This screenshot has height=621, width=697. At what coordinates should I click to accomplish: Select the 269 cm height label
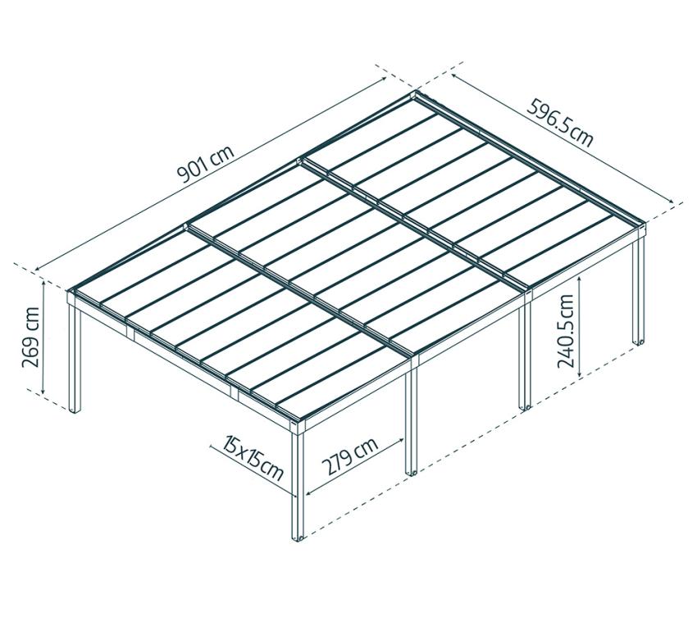click(31, 338)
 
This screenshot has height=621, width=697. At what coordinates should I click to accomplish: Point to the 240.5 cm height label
click(566, 331)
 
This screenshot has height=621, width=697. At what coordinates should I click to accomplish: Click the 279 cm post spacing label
click(350, 456)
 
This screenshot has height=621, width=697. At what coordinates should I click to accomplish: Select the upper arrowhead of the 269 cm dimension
click(43, 283)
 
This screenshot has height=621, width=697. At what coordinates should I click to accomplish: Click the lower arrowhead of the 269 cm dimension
click(43, 392)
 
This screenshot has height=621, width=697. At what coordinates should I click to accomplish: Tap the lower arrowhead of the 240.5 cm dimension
click(580, 376)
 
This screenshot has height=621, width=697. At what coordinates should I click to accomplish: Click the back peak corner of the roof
click(417, 92)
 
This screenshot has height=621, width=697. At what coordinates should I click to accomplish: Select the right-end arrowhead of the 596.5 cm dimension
click(672, 202)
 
